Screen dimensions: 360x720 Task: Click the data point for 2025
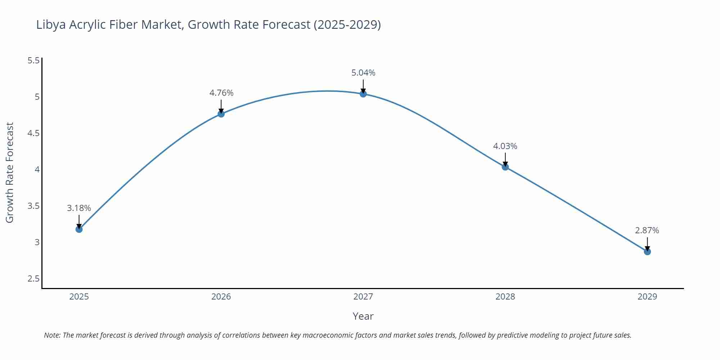click(x=79, y=229)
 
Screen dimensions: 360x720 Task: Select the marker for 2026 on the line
click(x=221, y=114)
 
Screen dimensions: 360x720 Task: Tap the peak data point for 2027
click(x=363, y=94)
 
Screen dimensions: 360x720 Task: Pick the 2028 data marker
click(x=505, y=167)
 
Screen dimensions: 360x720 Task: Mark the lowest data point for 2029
click(x=647, y=252)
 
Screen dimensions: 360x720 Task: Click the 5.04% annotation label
click(x=363, y=73)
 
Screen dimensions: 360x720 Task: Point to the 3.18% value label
click(x=79, y=208)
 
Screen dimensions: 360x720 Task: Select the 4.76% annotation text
click(x=221, y=93)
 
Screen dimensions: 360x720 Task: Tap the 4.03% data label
click(x=505, y=146)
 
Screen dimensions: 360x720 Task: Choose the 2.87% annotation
click(x=647, y=230)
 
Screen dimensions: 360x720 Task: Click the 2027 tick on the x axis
click(x=363, y=297)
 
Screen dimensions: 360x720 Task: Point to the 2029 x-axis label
click(x=647, y=297)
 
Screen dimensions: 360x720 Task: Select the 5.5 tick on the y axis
click(x=33, y=60)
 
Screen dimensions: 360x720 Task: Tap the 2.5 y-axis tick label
click(x=33, y=279)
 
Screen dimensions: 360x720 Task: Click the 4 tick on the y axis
click(x=37, y=170)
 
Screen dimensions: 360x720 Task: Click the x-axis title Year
click(x=363, y=316)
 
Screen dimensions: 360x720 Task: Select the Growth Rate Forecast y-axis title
click(x=10, y=173)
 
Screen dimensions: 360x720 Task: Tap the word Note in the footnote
click(x=52, y=335)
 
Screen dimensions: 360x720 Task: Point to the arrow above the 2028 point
click(x=505, y=159)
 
